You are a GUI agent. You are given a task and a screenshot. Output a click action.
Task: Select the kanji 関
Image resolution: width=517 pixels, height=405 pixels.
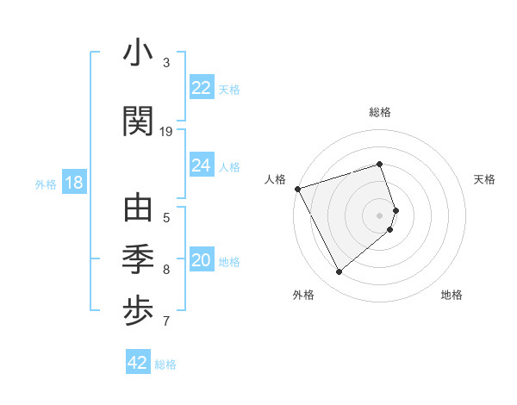click(x=138, y=120)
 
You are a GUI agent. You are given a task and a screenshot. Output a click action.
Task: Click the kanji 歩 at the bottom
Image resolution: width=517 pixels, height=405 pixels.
click(x=138, y=311)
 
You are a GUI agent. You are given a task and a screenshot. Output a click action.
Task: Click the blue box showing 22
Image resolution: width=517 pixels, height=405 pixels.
click(x=202, y=88)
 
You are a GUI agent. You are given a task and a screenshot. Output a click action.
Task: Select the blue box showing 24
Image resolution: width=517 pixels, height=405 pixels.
click(x=202, y=165)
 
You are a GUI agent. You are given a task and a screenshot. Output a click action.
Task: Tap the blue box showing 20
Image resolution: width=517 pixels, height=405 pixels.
click(x=202, y=261)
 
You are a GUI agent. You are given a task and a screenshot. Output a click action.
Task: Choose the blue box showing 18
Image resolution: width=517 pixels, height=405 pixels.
click(x=73, y=184)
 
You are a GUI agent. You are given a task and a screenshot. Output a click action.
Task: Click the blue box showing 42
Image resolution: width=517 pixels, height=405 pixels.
click(x=138, y=363)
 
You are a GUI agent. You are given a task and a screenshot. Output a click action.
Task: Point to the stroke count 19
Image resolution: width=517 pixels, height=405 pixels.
click(x=166, y=131)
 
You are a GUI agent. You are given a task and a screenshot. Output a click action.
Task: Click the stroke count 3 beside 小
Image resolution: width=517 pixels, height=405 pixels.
click(x=166, y=63)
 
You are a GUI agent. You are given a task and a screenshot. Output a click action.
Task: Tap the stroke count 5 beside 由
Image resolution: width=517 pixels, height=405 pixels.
click(x=166, y=218)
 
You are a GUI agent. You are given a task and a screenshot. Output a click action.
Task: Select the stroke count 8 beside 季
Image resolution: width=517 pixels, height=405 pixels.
click(x=166, y=270)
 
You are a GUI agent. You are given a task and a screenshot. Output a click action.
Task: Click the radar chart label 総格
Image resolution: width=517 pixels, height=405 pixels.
click(x=380, y=112)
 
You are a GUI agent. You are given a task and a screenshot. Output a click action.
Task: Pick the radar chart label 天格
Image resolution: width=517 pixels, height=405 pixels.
click(x=484, y=179)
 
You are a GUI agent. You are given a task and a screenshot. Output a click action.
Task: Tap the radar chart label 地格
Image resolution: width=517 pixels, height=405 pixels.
click(x=452, y=295)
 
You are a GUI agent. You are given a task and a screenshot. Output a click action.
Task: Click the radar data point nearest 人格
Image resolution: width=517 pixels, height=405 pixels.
click(x=297, y=189)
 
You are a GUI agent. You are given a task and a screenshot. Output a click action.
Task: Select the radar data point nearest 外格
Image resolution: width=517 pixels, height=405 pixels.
click(x=339, y=272)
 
